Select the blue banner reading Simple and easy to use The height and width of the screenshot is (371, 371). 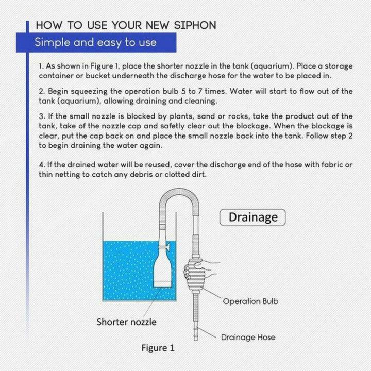(95, 42)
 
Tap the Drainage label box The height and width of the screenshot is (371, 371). (252, 217)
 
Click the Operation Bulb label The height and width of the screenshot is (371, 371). (250, 301)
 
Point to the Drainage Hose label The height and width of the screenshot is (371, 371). (248, 338)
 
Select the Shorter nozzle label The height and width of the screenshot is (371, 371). (126, 322)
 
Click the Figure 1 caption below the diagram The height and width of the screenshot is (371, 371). (158, 348)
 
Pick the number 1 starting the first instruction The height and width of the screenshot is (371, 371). (41, 67)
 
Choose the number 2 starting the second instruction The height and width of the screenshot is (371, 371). (41, 91)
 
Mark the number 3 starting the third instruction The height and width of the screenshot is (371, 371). (41, 116)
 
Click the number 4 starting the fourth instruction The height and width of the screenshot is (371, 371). (41, 165)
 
